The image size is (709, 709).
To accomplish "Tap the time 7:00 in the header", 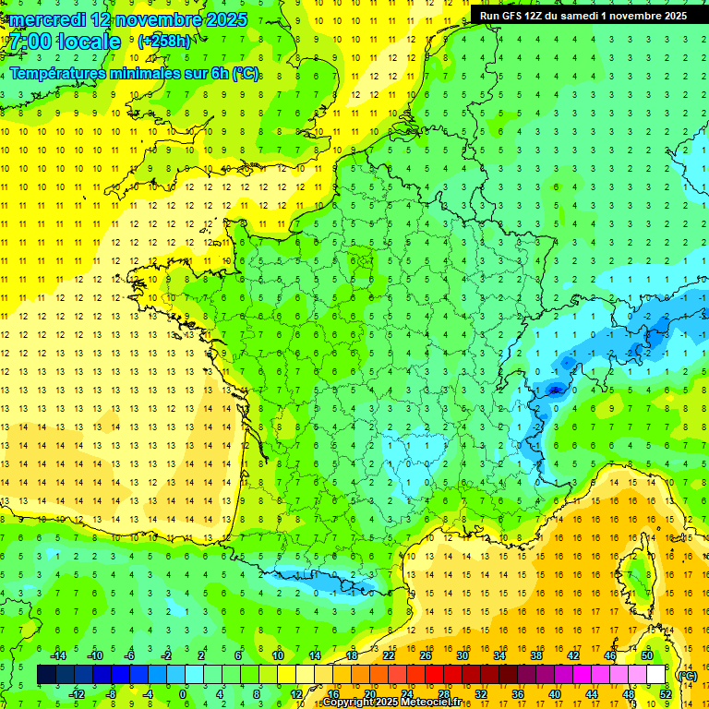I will [x=30, y=42].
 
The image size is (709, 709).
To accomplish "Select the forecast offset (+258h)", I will [x=164, y=42].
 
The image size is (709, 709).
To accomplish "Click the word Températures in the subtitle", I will [x=57, y=74].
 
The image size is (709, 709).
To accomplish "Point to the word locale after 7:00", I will [x=88, y=42].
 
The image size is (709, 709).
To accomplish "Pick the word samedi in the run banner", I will [x=595, y=16].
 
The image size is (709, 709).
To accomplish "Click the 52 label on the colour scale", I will [x=665, y=693].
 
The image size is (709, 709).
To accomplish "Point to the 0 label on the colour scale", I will [x=183, y=693].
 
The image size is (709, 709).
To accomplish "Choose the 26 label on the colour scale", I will [x=426, y=655].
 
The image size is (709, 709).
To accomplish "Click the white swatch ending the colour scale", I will [x=655, y=675].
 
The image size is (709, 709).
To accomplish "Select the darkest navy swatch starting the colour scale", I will [x=47, y=675].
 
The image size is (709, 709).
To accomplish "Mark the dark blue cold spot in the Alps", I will [x=555, y=390].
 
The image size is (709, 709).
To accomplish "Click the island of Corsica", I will [x=634, y=577].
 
